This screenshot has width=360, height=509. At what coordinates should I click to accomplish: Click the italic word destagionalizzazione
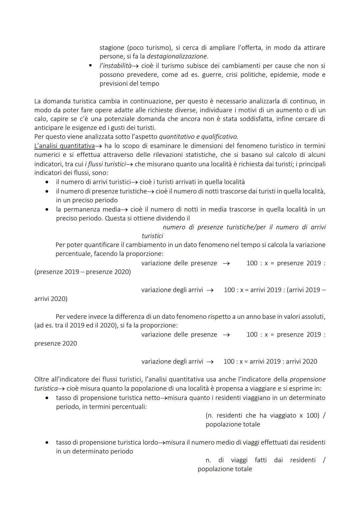(x=177, y=56)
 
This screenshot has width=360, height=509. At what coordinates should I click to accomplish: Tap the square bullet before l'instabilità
(x=90, y=66)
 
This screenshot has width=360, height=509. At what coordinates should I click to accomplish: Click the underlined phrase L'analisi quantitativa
(x=64, y=146)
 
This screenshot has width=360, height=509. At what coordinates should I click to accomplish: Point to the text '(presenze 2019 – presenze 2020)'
(x=82, y=272)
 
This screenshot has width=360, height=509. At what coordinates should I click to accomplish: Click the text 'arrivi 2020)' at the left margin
(x=51, y=299)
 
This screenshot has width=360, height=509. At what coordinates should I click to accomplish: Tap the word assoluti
(x=313, y=316)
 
